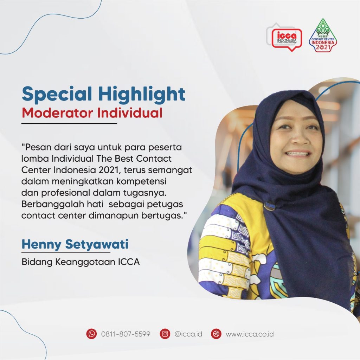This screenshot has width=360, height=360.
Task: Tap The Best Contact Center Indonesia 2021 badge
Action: pyautogui.click(x=323, y=36)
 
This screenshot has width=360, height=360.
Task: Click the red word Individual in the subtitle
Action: pyautogui.click(x=130, y=113)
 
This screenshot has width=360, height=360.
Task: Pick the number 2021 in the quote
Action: pyautogui.click(x=109, y=170)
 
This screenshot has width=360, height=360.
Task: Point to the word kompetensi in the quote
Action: pyautogui.click(x=141, y=181)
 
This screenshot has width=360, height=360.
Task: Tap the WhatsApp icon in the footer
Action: pyautogui.click(x=92, y=334)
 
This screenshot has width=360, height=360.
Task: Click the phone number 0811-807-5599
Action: pyautogui.click(x=126, y=334)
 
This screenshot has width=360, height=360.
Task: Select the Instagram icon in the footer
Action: pyautogui.click(x=165, y=334)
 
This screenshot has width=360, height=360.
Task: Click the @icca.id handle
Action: pyautogui.click(x=188, y=334)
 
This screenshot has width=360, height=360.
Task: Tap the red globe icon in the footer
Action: pyautogui.click(x=216, y=334)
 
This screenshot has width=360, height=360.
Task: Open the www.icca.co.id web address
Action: pyautogui.click(x=250, y=334)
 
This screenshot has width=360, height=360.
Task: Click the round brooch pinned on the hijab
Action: pyautogui.click(x=269, y=205)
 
